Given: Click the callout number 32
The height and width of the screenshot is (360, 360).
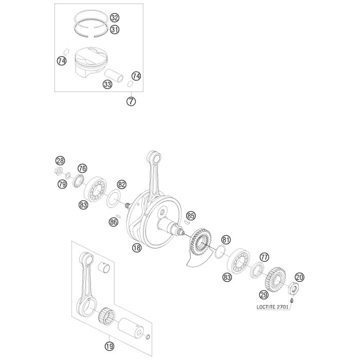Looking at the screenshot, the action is tap(115, 18).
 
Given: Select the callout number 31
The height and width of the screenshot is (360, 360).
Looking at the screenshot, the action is tap(115, 29).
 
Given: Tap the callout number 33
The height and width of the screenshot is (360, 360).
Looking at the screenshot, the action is tap(107, 84).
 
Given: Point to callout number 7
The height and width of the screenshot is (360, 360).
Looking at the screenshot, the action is tap(131, 101).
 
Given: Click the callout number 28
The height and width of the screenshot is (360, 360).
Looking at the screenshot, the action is tap(60, 160).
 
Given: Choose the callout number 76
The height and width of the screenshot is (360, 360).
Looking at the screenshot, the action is tap(82, 168).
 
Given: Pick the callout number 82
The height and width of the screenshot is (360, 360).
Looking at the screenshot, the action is tap(122, 184).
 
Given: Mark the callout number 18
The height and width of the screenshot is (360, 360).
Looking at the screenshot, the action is tap(137, 247).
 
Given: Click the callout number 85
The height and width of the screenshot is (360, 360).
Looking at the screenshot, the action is tap(191, 216).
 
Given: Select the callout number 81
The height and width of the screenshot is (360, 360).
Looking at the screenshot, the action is tap(226, 240).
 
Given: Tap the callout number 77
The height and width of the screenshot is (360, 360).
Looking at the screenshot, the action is tap(264, 257).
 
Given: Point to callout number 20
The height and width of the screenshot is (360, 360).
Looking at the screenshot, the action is tap(299, 277).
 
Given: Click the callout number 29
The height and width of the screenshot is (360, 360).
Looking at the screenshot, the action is tap(264, 295).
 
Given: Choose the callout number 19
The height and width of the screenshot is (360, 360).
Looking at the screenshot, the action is tap(110, 346).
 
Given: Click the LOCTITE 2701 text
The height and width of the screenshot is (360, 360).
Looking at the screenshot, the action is tap(272, 307).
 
